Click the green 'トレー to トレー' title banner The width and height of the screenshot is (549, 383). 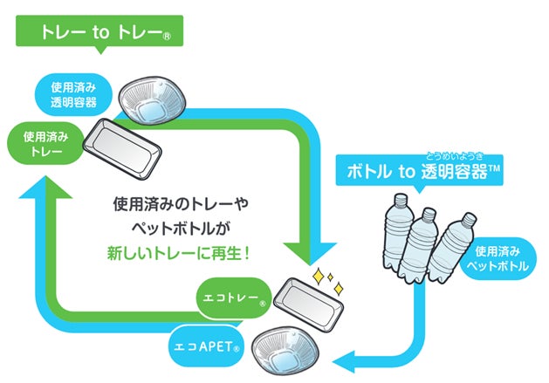pyautogui.click(x=100, y=33)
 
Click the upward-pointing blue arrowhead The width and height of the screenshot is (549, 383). pyautogui.click(x=36, y=190)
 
